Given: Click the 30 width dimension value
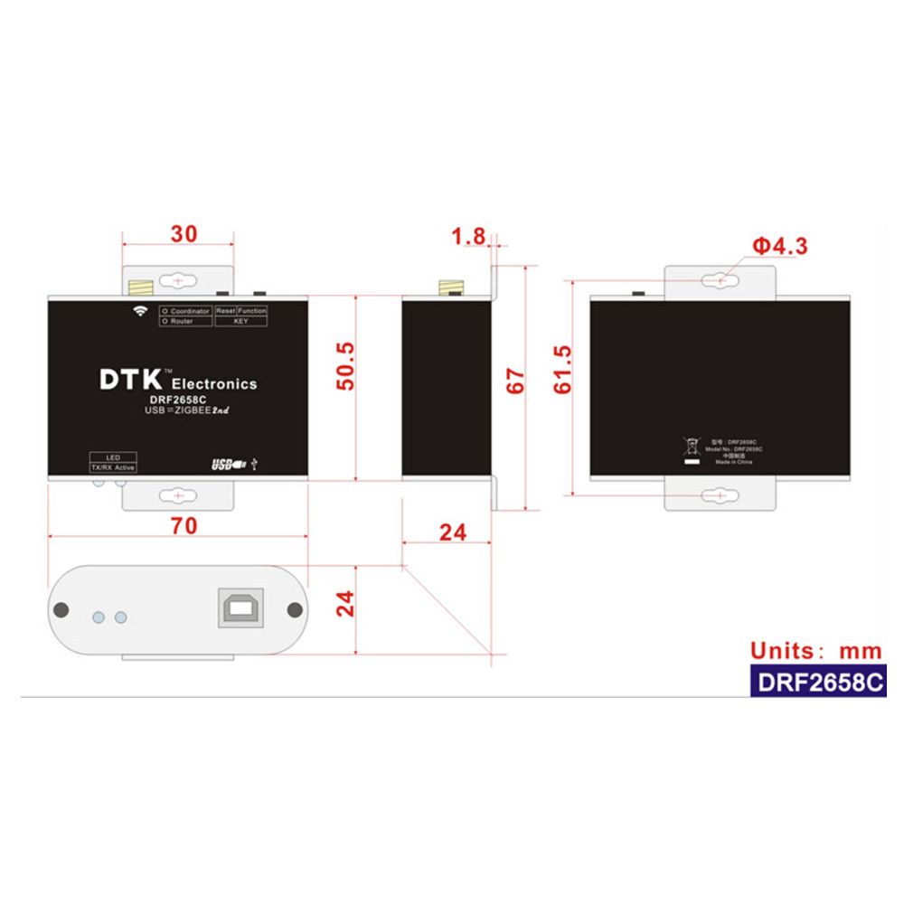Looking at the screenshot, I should tap(184, 234).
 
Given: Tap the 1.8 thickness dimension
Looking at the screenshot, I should tap(469, 238).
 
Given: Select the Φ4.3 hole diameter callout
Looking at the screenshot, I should tap(780, 246).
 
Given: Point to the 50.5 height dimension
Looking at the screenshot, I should tap(344, 365).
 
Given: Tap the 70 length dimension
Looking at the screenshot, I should tap(184, 526).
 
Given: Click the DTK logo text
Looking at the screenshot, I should tap(128, 380).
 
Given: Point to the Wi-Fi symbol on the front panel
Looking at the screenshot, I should tap(140, 312).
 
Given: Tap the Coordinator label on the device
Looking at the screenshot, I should tap(186, 311).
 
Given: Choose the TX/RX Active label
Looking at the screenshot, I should tap(113, 467).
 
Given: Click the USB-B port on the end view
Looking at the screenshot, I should tap(240, 605).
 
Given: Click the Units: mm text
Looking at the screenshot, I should tap(815, 650).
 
